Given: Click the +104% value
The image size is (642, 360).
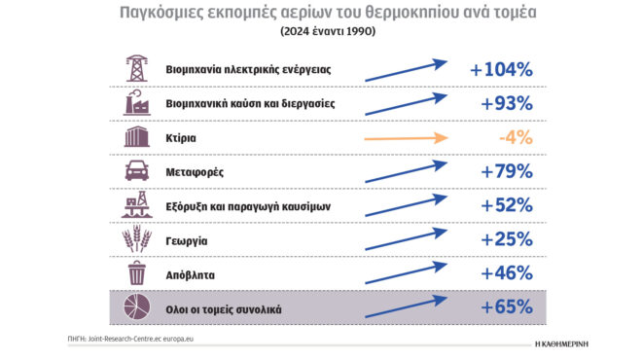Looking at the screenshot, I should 501,70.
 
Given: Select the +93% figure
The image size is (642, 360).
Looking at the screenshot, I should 507,103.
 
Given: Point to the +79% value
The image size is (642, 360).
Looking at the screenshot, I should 507,171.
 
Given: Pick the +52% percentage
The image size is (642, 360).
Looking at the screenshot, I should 507,205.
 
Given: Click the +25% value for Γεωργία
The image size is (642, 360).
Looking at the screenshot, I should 507,239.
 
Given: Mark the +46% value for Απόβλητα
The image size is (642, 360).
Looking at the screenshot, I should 507,273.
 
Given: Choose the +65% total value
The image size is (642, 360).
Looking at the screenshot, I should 507,307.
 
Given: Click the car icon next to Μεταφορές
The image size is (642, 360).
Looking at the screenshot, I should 137,171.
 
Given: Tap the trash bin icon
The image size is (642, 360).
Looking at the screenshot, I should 137,273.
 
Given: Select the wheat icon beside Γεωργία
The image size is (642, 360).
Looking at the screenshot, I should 137,239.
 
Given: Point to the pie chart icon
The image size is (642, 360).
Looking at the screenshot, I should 137,308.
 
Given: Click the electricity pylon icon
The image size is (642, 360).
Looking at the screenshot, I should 137,69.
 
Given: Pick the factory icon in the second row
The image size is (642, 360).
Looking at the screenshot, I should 137,103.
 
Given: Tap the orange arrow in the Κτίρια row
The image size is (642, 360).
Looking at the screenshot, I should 405,138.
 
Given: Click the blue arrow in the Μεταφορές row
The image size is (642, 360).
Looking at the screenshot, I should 405,172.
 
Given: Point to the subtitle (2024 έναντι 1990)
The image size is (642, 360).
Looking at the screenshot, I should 320,30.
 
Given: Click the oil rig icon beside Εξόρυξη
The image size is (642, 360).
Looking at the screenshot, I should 137,205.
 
